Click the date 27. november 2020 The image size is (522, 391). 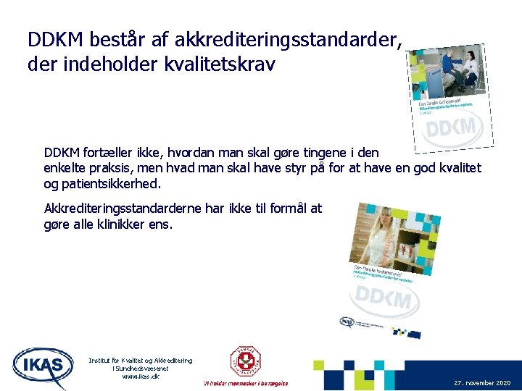coord(482,382)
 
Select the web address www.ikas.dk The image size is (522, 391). coord(141,377)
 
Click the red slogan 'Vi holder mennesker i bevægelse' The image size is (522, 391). coord(246,383)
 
